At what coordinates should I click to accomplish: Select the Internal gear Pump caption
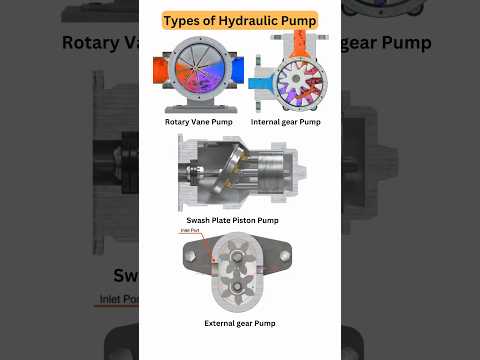(286, 122)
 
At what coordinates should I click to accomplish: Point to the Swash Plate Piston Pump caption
(232, 220)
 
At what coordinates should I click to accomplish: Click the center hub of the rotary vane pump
(198, 76)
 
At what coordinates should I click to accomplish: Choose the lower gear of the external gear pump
(240, 289)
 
